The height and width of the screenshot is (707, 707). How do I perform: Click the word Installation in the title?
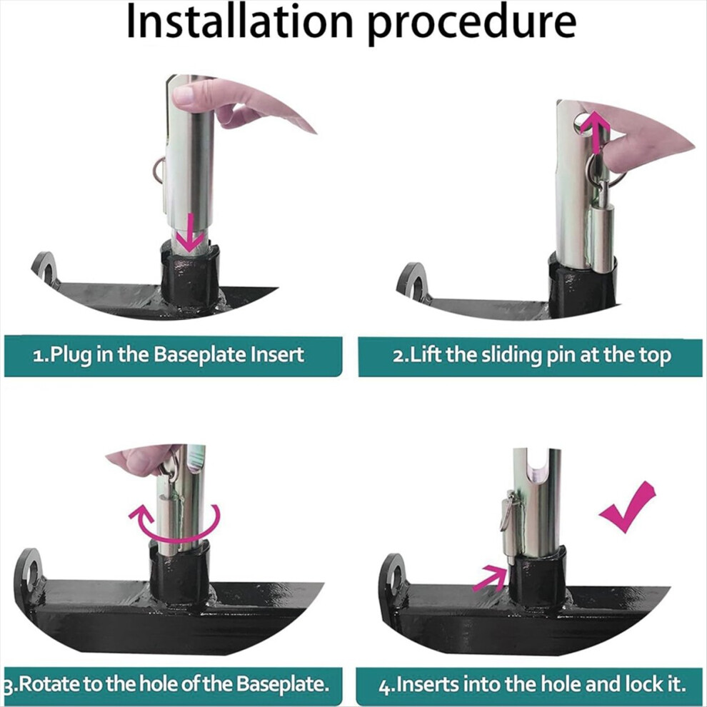click(239, 21)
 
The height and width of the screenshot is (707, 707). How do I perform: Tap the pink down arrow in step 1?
click(190, 233)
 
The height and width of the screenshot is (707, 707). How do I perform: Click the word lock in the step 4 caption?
click(646, 684)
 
